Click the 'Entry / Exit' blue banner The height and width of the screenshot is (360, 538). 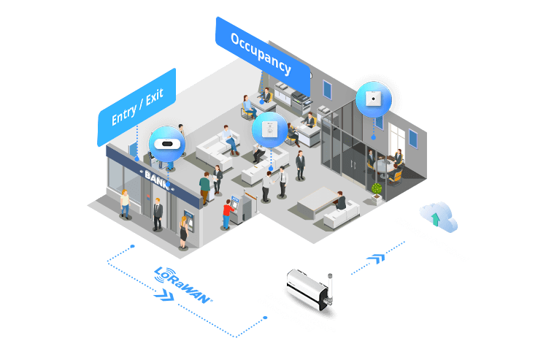(x=137, y=107)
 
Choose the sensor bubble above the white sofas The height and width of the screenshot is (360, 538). (x=269, y=130)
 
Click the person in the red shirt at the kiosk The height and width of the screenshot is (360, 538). (x=228, y=214)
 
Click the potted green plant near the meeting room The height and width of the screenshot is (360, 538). (x=377, y=191)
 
